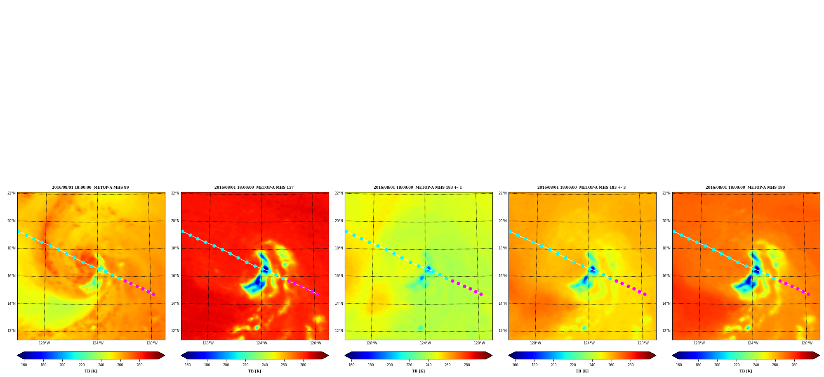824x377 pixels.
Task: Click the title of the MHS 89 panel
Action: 90,187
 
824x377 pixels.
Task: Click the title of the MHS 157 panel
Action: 254,187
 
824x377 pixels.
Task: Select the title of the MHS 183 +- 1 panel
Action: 418,187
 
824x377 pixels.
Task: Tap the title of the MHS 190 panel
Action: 745,187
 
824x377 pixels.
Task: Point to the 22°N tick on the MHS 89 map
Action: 11,193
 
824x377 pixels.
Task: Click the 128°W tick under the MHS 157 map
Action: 208,343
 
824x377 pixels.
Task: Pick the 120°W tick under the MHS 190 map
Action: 807,343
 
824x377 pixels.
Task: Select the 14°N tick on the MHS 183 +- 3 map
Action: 502,303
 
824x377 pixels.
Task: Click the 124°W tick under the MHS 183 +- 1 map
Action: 425,343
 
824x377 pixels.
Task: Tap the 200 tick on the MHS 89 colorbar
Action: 62,365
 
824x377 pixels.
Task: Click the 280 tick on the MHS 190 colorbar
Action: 794,365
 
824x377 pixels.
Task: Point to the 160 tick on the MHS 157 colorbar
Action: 188,365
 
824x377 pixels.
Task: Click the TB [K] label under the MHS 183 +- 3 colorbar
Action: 582,371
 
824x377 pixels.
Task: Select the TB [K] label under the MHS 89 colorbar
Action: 91,371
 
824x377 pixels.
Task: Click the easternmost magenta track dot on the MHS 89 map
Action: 153,294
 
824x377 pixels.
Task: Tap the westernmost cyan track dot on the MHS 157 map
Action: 183,231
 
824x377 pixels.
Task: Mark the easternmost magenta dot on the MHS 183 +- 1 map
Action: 481,294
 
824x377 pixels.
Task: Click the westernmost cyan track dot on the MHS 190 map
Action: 674,231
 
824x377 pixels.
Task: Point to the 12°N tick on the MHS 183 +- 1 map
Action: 339,331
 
